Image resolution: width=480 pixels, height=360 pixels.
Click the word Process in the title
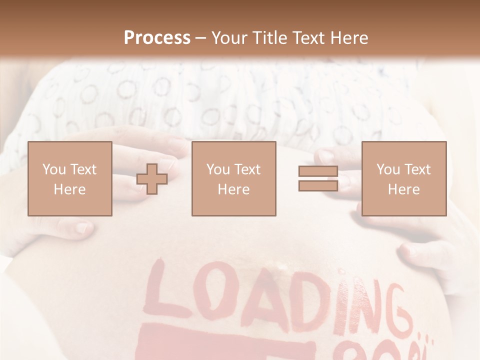pyautogui.click(x=157, y=38)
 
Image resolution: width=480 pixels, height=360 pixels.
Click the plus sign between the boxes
pyautogui.click(x=152, y=178)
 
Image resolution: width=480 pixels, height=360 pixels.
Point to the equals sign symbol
pyautogui.click(x=318, y=178)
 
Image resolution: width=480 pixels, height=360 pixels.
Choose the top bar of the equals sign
pyautogui.click(x=318, y=171)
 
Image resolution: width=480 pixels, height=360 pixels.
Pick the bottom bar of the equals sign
pyautogui.click(x=318, y=185)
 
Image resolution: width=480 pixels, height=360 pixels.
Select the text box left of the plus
pyautogui.click(x=69, y=178)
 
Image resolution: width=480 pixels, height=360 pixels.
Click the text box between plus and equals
pyautogui.click(x=233, y=178)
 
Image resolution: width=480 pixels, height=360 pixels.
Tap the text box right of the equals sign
pyautogui.click(x=403, y=178)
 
